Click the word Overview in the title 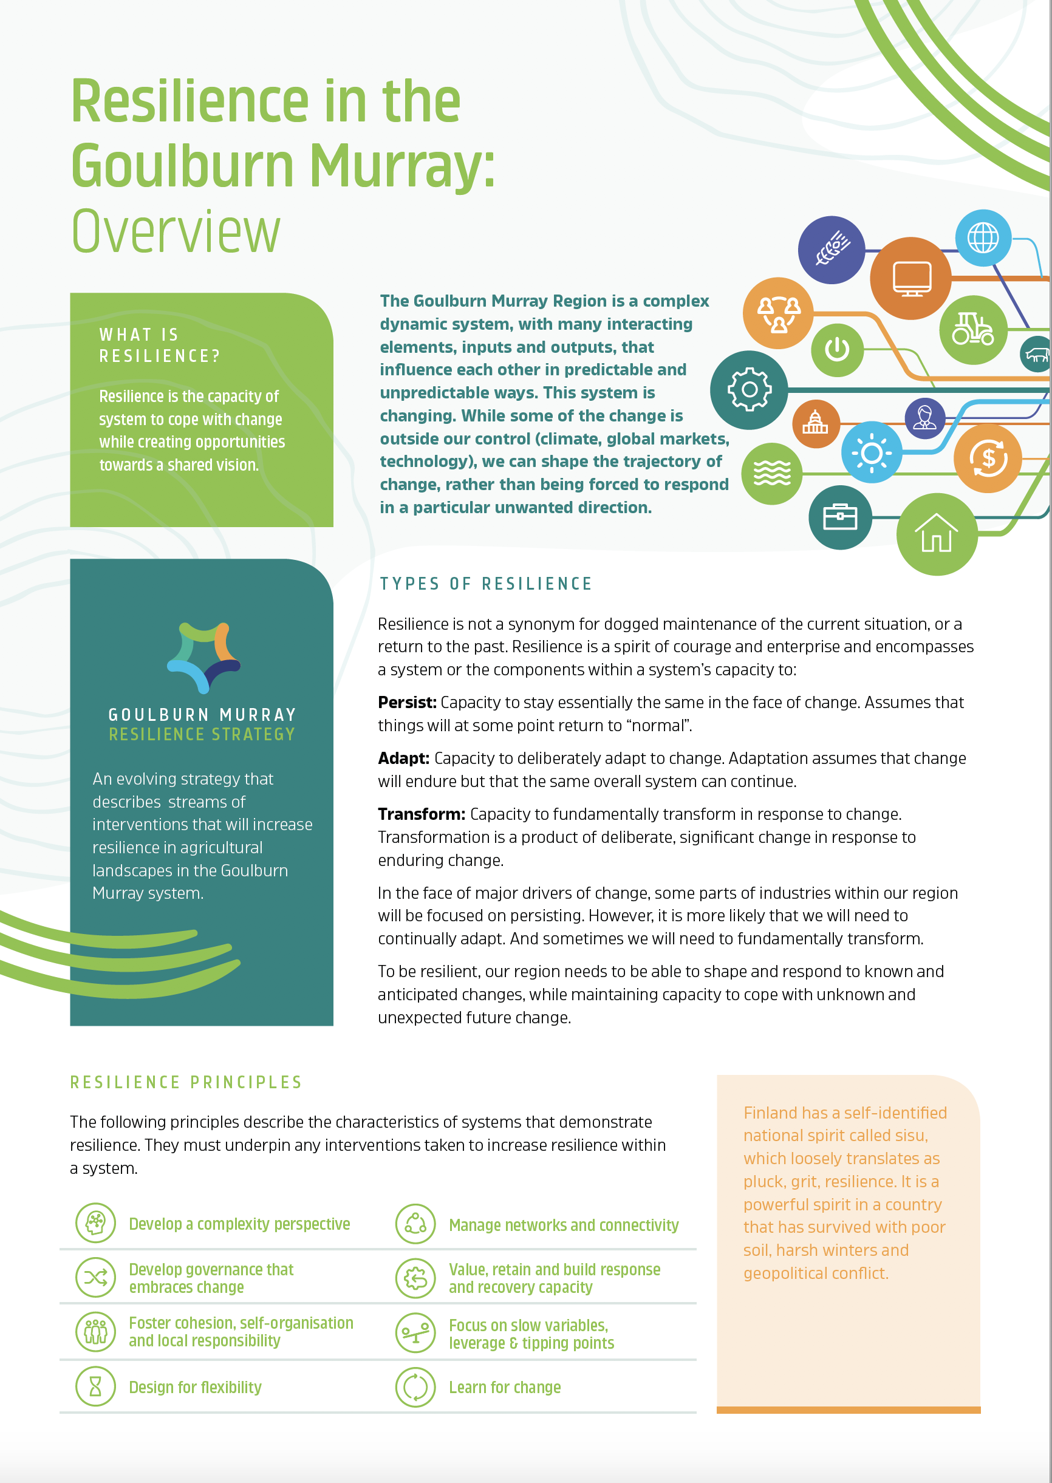point(176,231)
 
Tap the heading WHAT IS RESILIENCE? point(159,345)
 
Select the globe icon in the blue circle point(982,237)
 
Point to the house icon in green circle point(936,534)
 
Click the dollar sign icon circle point(987,458)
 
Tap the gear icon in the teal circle point(749,389)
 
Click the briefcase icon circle point(839,517)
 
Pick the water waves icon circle point(771,474)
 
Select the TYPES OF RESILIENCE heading point(485,584)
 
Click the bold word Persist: point(407,702)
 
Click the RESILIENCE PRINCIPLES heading point(186,1082)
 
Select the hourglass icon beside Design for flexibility point(95,1386)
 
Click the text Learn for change point(505,1387)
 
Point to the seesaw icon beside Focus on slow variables point(415,1333)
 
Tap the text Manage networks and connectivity point(563,1225)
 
